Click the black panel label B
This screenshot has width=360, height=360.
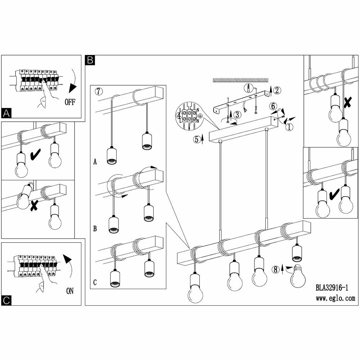click(x=90, y=60)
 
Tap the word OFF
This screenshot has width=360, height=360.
click(x=70, y=102)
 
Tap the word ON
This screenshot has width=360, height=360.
click(x=69, y=291)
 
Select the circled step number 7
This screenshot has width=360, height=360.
click(x=99, y=91)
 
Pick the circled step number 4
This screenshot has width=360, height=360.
click(x=179, y=116)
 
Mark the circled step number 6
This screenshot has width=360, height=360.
click(x=273, y=106)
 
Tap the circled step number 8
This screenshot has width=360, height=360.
click(x=276, y=269)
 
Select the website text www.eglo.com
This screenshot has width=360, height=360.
click(x=335, y=298)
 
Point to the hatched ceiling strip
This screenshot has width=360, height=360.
click(x=241, y=79)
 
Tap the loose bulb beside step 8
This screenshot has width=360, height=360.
click(x=298, y=276)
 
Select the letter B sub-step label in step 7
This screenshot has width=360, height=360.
click(x=95, y=229)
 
